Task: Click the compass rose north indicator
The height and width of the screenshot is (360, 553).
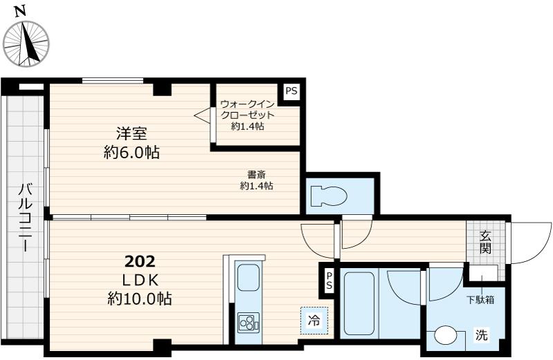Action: coord(26,44)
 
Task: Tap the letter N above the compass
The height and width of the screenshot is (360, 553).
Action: coord(21,10)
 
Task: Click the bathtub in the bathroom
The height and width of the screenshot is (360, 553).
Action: coord(358,301)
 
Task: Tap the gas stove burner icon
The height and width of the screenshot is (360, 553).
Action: coord(247,321)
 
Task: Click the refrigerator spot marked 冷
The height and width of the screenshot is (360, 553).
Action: coord(313,321)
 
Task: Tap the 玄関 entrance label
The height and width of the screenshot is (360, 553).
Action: coord(486,241)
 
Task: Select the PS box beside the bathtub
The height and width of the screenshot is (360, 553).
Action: coord(330,280)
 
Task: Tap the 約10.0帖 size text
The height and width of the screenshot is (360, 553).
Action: coord(140,299)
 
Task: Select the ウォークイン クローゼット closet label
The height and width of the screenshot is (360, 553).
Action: coord(247,115)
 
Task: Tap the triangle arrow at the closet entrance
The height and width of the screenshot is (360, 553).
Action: coord(201,115)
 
